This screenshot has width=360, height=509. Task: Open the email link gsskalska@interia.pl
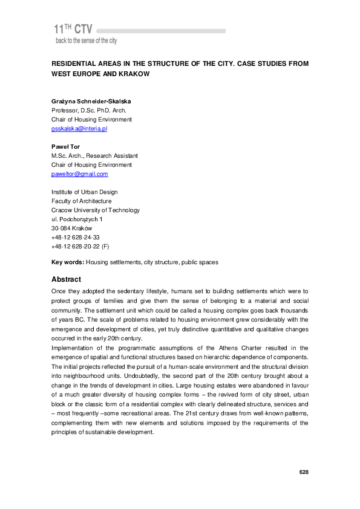click(x=79, y=129)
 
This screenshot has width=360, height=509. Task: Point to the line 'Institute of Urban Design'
click(x=85, y=192)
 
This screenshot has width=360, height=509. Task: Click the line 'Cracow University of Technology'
click(x=96, y=210)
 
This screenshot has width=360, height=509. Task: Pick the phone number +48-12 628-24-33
click(x=76, y=238)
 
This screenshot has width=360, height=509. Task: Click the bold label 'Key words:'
click(x=68, y=263)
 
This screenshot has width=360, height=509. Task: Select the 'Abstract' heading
click(x=67, y=279)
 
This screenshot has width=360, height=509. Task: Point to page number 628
click(x=304, y=472)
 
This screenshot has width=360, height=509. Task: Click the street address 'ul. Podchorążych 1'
click(x=77, y=219)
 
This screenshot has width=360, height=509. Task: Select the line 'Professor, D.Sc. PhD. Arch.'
click(x=89, y=111)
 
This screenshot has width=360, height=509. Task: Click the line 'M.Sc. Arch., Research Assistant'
click(x=95, y=156)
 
